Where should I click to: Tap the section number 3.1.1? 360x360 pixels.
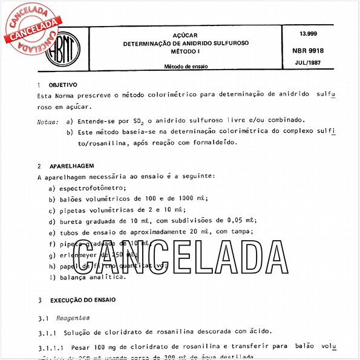point(49,331)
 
